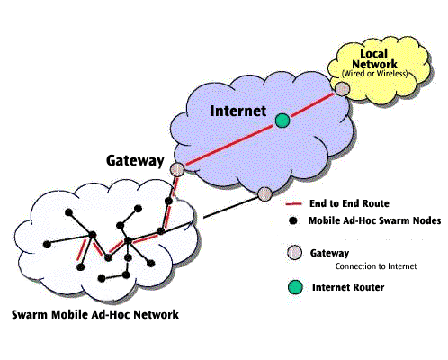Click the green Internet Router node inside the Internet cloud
click(x=282, y=121)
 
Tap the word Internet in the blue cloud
click(x=237, y=111)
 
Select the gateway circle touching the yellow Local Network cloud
click(x=342, y=89)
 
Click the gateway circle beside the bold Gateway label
click(x=177, y=170)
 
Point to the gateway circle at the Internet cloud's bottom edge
click(x=264, y=193)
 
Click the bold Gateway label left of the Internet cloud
click(x=135, y=160)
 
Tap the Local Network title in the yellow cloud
click(x=374, y=58)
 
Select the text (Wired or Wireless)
click(x=375, y=74)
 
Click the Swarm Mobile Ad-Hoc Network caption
click(x=95, y=314)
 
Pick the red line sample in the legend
click(x=293, y=204)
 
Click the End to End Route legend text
click(x=349, y=203)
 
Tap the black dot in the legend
click(x=292, y=220)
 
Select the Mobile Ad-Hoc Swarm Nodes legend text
click(x=375, y=220)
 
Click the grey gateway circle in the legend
click(x=294, y=253)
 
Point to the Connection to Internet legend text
click(x=376, y=266)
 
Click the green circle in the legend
click(x=295, y=287)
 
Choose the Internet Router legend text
click(x=348, y=287)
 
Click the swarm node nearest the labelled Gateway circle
click(x=169, y=201)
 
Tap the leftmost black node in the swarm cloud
click(x=47, y=245)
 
